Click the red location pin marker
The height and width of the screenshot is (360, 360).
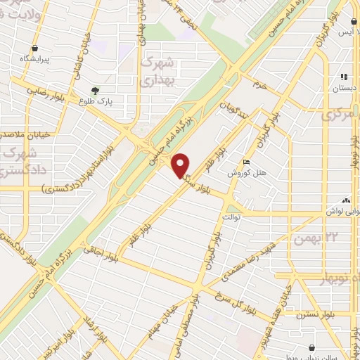coord(181,165)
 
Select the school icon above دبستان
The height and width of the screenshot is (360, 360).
coord(344,77)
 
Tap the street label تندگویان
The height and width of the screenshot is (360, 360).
coord(235,108)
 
